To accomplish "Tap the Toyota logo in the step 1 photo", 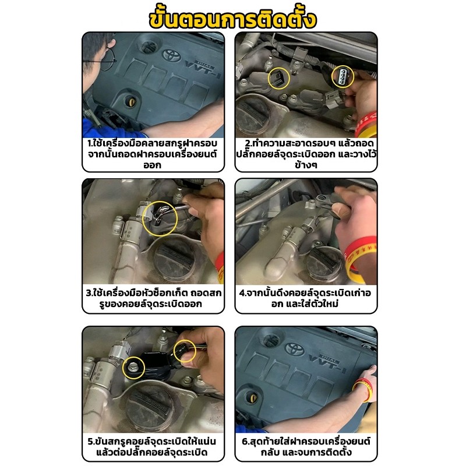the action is pos(171,55).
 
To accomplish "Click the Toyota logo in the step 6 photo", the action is pos(295,349).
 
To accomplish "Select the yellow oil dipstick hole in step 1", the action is pos(130,101).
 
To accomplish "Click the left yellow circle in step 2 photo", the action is pos(279,78).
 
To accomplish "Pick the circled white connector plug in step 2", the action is pos(343,76).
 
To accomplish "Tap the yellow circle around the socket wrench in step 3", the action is pos(160,219).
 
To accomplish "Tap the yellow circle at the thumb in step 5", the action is pos(185,351).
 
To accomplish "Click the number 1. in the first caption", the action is pos(90,143).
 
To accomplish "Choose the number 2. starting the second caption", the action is pos(248,143).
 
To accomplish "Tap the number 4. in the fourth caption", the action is pos(243,293).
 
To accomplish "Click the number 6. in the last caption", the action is pos(245,442).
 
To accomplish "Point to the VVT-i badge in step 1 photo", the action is pos(202,69).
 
